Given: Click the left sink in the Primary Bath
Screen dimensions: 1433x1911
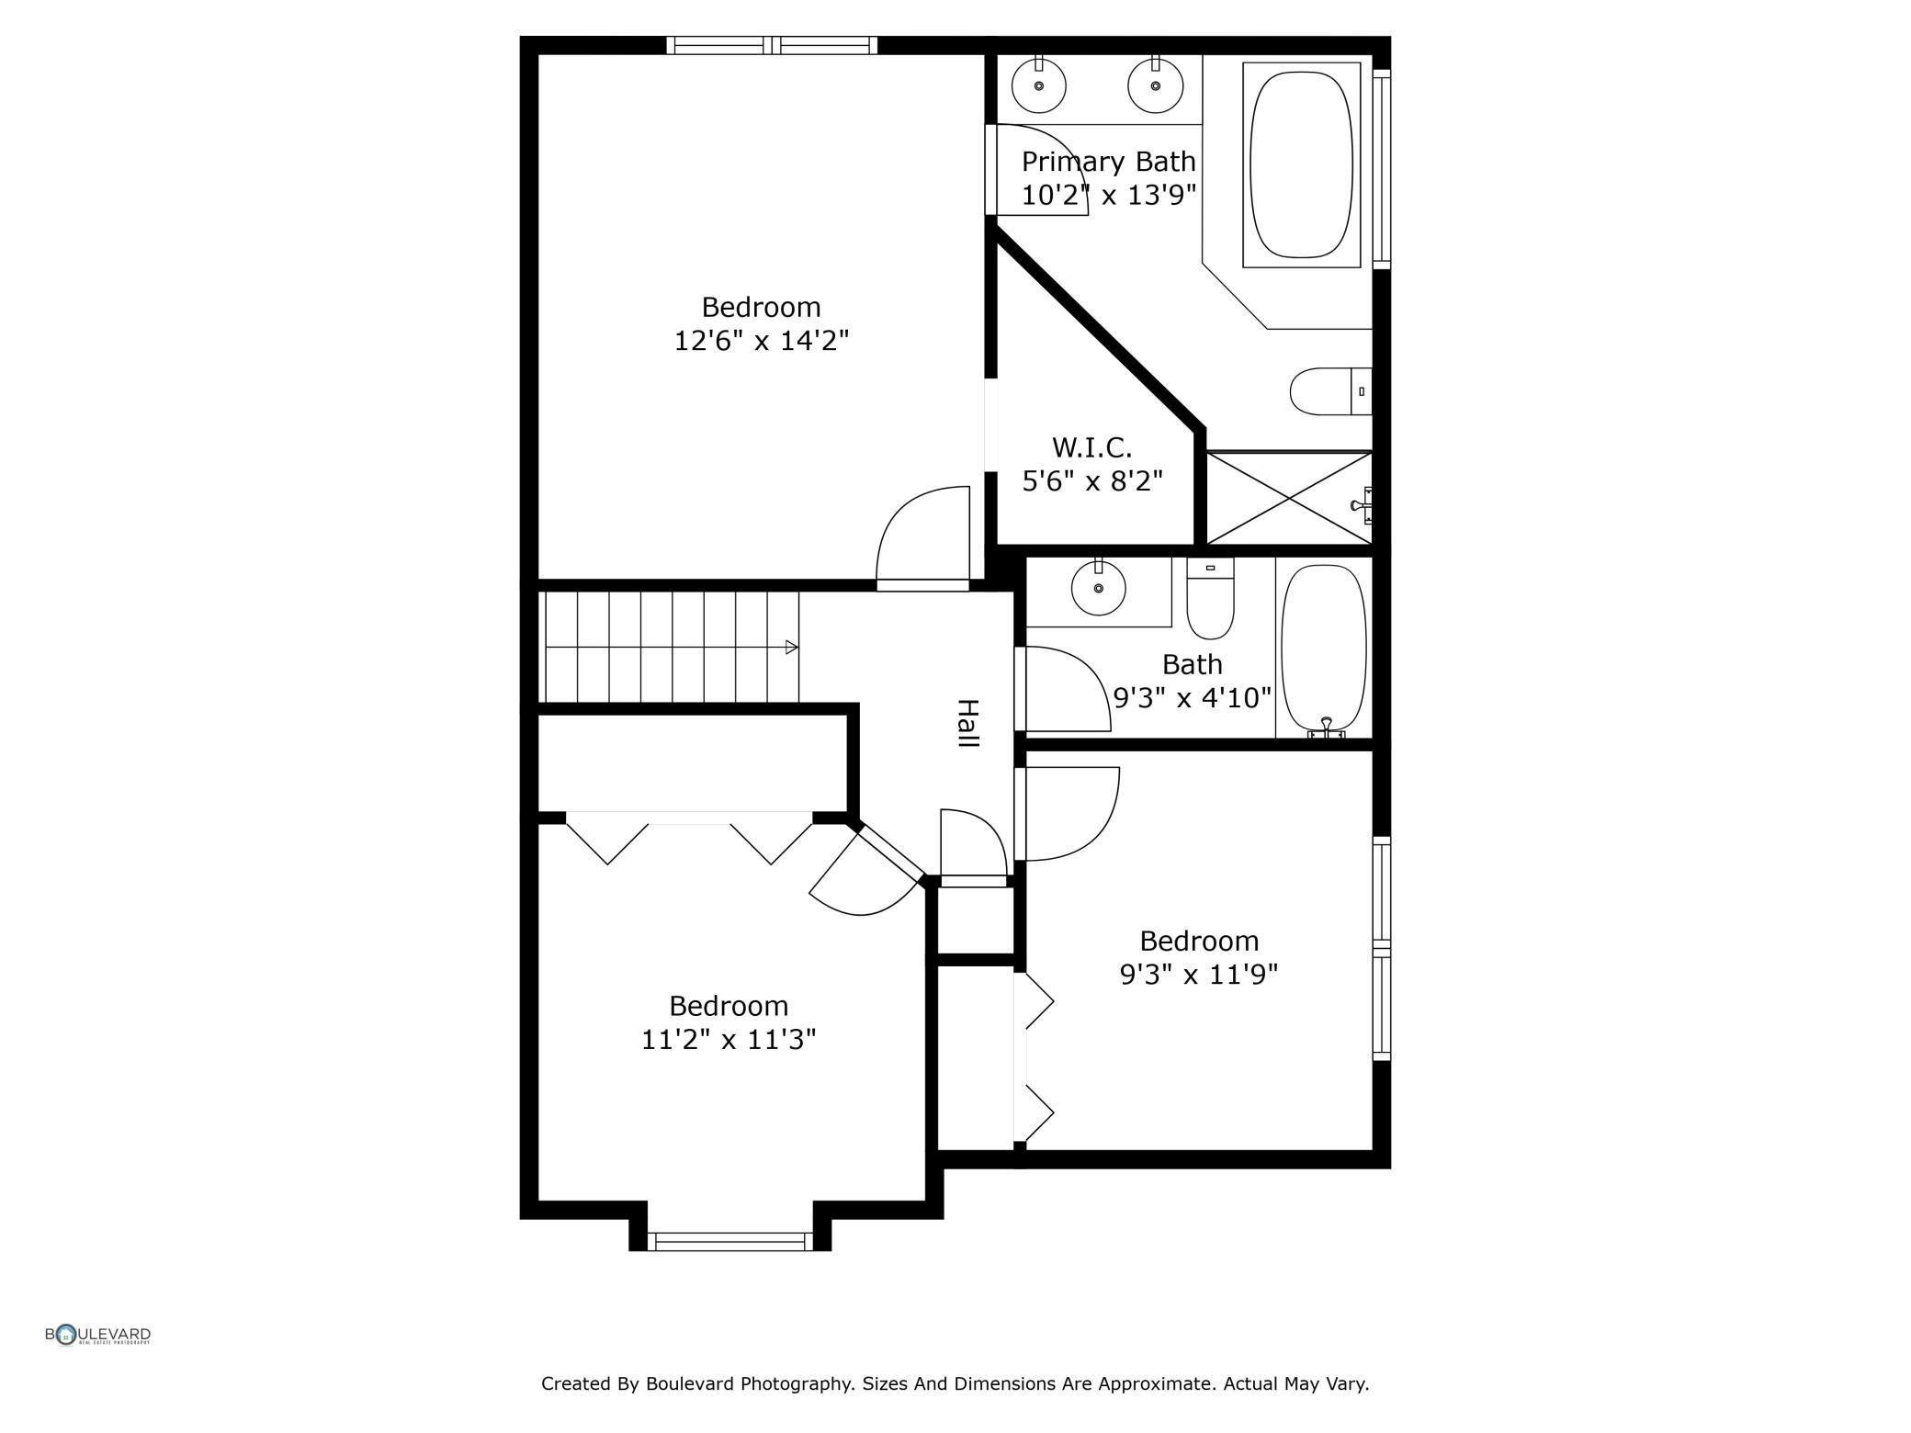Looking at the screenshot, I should coord(1039,85).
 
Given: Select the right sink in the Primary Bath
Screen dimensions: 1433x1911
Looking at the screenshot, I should coord(1156,85).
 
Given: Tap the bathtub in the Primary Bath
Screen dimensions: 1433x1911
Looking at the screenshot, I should coord(1302,165).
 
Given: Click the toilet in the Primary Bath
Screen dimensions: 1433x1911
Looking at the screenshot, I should coord(1329,391).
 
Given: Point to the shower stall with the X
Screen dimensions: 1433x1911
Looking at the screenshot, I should coord(1288,499).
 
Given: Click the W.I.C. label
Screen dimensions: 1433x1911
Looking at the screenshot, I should coord(1091,448).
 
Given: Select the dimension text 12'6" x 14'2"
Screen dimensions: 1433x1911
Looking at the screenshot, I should coord(762,342).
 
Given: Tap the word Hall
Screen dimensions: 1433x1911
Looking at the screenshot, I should coord(967,724).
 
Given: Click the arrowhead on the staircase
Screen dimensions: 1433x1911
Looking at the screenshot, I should coord(791,648).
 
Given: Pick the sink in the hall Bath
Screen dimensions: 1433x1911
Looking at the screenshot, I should coord(1099,589).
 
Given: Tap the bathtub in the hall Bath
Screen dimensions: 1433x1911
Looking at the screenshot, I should coord(1324,648).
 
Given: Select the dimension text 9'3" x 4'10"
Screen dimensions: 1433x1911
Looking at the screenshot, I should coord(1193,698).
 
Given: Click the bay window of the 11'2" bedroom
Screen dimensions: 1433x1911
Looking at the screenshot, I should coord(729,1242).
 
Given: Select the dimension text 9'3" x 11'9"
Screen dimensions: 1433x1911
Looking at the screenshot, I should coord(1199,975).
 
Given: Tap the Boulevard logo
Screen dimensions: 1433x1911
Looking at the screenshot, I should coord(98,1335).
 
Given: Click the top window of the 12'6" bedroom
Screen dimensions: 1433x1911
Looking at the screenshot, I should coord(772,46).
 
